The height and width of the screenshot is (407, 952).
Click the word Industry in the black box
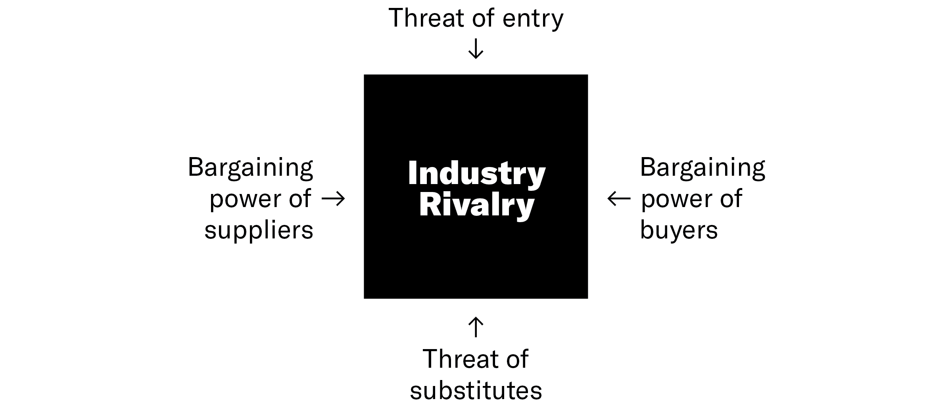[x=476, y=173]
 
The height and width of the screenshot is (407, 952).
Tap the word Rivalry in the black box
[x=476, y=205]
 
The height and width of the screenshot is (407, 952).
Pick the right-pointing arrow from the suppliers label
[x=333, y=199]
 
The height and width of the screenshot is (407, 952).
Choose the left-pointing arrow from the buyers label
[x=619, y=199]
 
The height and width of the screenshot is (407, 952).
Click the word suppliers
[x=259, y=230]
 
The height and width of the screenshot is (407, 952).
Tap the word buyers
[x=679, y=230]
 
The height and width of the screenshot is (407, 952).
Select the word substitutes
[x=476, y=390]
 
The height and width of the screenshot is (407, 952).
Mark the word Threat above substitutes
[x=460, y=359]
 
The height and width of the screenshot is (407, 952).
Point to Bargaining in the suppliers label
[x=250, y=168]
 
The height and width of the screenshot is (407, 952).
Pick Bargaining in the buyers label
[x=702, y=168]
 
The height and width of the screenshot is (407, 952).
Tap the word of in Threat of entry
[x=484, y=18]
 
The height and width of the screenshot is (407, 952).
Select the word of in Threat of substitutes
[x=517, y=359]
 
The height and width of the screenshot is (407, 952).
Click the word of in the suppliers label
[x=300, y=199]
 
